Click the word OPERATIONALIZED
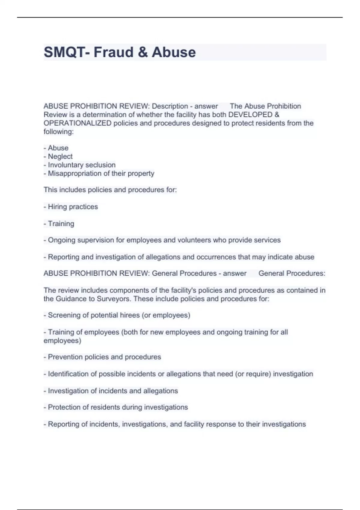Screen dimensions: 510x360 click(77, 123)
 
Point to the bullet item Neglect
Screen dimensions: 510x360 click(60, 156)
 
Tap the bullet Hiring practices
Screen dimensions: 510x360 click(73, 207)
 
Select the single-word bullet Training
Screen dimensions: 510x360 click(61, 223)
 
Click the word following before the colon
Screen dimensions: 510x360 click(58, 132)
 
